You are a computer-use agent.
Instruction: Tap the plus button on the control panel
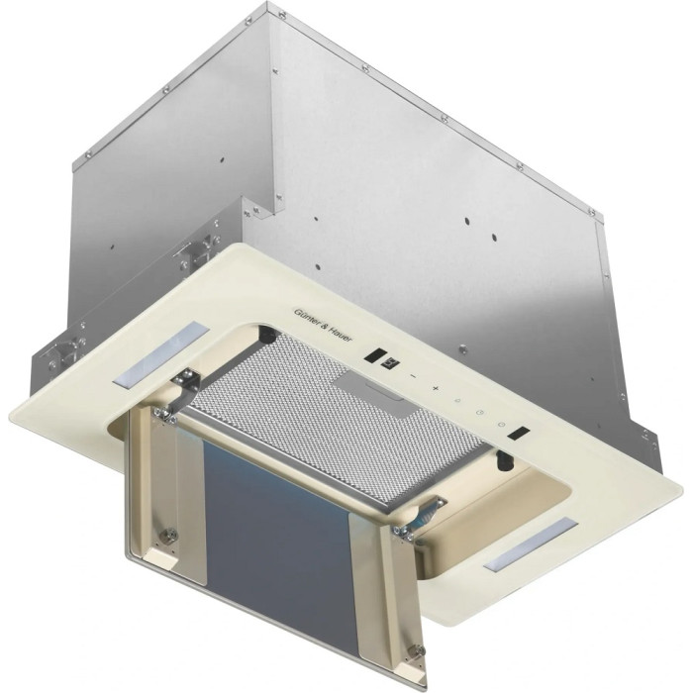pos(436,388)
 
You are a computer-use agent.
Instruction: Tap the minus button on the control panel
pos(413,376)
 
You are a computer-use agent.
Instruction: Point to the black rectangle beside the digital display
pos(375,354)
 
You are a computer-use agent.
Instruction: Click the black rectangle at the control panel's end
pos(519,433)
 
